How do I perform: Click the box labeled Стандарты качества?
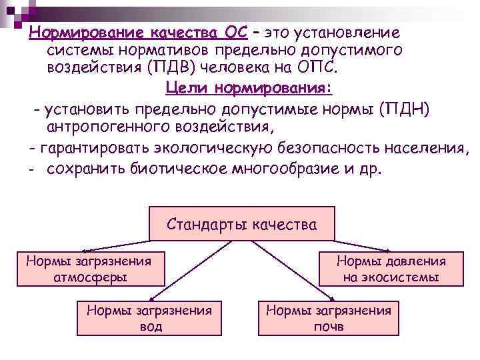pyautogui.click(x=241, y=224)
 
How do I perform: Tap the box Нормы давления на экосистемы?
pyautogui.click(x=391, y=268)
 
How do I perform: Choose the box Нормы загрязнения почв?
pyautogui.click(x=328, y=317)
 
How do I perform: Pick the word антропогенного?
pyautogui.click(x=111, y=126)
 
